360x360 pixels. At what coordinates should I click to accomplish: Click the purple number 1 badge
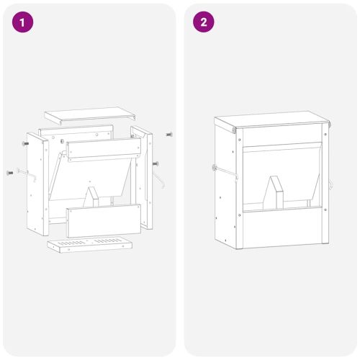click(x=23, y=22)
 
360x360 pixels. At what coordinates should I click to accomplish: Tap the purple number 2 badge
click(x=204, y=22)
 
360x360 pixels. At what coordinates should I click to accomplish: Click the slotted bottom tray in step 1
click(x=90, y=245)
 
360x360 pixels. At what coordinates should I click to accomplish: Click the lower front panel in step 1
click(x=103, y=220)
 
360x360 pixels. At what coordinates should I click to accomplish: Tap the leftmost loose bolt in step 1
click(x=10, y=173)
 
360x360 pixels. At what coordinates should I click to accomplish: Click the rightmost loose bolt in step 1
click(x=170, y=134)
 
